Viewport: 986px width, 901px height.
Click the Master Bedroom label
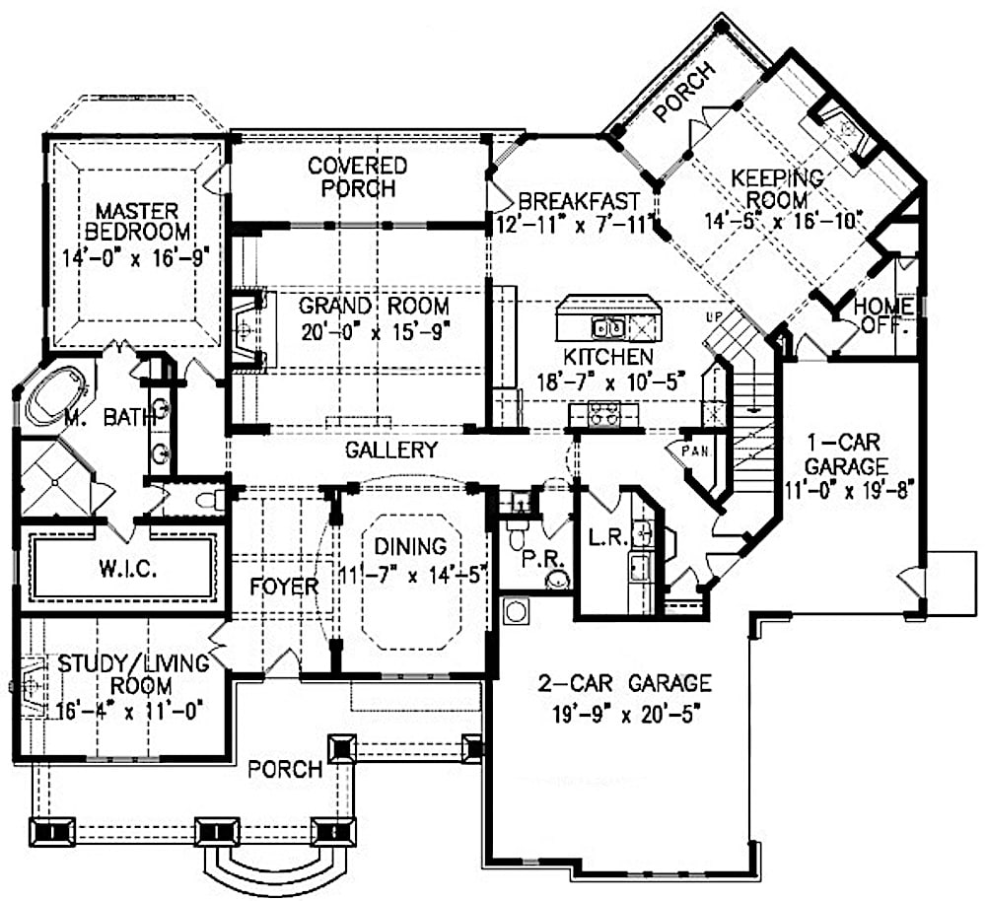137,222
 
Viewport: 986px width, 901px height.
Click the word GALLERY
391,450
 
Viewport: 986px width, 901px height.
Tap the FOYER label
285,587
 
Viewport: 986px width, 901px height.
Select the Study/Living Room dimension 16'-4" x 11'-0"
113,708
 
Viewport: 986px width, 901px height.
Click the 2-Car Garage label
625,682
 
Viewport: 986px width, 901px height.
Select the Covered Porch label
357,176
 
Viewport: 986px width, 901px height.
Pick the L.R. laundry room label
602,538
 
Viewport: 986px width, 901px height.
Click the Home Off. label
882,313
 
